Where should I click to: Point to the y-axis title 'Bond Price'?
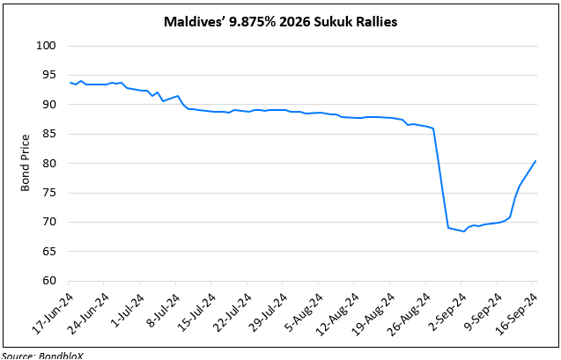coord(25,163)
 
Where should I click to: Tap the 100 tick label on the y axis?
coord(46,46)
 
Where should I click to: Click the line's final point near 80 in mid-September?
coord(535,161)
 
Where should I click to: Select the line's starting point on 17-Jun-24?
coord(69,83)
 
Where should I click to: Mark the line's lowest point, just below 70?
coord(464,231)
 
